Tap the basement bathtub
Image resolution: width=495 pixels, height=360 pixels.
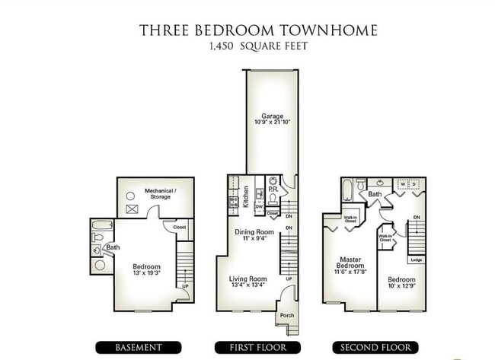click(101, 226)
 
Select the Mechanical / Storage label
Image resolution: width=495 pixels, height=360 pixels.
click(161, 193)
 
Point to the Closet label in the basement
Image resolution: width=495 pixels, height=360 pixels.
click(180, 227)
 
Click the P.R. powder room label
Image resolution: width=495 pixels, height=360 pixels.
click(272, 189)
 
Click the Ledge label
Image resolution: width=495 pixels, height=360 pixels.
click(416, 260)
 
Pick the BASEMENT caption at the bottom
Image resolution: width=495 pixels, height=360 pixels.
click(138, 347)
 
